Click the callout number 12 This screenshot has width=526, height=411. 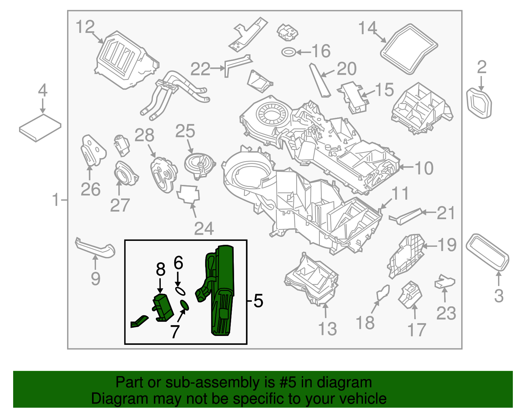[85, 27]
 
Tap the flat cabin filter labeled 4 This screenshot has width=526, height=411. [40, 128]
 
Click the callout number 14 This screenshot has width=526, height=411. [367, 28]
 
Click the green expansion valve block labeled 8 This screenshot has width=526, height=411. [163, 307]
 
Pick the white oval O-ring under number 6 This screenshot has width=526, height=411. [180, 291]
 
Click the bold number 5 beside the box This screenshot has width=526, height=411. [258, 301]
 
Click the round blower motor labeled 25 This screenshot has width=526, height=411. [200, 164]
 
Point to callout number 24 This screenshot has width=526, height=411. [204, 228]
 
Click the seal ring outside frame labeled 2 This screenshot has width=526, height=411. [479, 103]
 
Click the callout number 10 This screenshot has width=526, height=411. [424, 168]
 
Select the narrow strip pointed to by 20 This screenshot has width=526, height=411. [320, 81]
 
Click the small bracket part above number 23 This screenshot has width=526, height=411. [445, 282]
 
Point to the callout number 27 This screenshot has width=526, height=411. [120, 205]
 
